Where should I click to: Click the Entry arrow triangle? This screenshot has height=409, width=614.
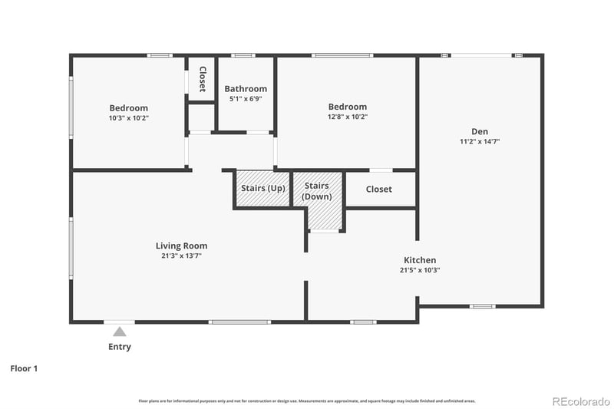point(120,331)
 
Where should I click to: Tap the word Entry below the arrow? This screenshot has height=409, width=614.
point(120,347)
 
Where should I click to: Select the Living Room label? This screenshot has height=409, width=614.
point(181,246)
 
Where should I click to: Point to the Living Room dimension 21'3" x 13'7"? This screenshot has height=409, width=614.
point(181,256)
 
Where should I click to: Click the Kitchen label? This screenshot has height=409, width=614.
point(420,260)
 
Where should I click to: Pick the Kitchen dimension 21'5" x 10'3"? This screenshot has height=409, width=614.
point(420,270)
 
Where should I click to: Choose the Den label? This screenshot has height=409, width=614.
point(480,131)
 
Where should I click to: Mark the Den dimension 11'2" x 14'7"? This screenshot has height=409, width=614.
point(480,141)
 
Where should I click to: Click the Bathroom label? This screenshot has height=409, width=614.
point(246,89)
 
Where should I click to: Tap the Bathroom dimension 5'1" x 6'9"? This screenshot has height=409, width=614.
point(246,99)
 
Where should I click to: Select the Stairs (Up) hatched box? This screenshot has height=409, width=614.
point(263,189)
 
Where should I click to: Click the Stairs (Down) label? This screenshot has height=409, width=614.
point(317,191)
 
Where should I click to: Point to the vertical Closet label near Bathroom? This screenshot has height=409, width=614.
point(203,79)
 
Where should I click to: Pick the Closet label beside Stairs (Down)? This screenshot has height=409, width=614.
point(379,189)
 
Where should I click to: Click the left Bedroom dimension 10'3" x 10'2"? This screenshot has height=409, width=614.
point(128,118)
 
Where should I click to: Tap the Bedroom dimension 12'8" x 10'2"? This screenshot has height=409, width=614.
point(348,117)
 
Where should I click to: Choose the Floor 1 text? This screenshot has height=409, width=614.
point(24,368)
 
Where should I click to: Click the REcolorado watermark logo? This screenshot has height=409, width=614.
point(581,401)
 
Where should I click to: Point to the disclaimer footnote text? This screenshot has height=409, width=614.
point(307,401)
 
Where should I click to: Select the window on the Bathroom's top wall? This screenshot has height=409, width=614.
point(243,55)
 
